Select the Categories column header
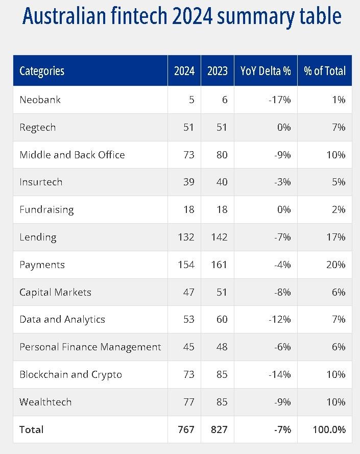(x=42, y=71)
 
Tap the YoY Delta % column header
(x=265, y=71)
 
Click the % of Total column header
(x=324, y=71)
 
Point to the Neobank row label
(x=40, y=100)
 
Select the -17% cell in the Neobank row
(x=279, y=100)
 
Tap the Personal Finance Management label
(x=90, y=347)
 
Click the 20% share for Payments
(x=336, y=265)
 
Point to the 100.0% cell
(x=329, y=429)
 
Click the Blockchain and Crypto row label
(x=70, y=375)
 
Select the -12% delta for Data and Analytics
(x=279, y=320)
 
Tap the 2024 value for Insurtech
(x=188, y=182)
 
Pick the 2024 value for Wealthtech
(x=188, y=402)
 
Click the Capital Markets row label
(x=55, y=292)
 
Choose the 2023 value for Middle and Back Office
(x=222, y=155)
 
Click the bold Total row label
(x=31, y=429)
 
